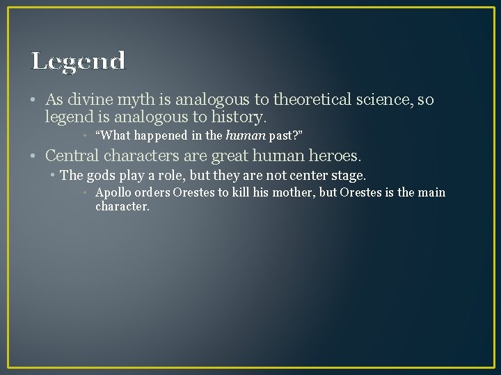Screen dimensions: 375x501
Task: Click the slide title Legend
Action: coord(78,61)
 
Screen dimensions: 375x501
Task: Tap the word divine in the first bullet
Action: coord(86,100)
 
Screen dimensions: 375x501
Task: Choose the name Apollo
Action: coord(113,192)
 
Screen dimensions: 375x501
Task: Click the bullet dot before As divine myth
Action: coord(35,101)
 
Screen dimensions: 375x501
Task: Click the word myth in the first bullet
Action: coord(126,100)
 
